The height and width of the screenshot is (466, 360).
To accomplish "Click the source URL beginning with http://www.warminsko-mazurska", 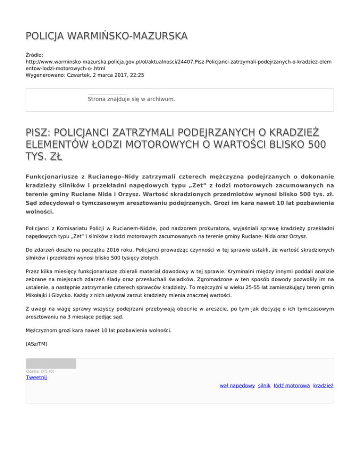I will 178,61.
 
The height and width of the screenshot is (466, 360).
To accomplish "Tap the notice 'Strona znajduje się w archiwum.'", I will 131,99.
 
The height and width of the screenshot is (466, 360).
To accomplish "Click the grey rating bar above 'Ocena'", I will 51,363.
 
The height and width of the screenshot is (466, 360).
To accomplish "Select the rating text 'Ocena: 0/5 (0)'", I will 40,371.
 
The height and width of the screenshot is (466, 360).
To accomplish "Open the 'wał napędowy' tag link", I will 237,385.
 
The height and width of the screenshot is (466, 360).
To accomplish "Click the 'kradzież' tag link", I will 323,385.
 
